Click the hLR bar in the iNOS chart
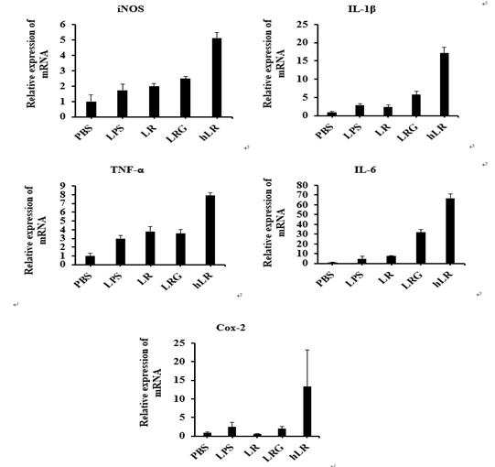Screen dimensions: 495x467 pos(217,78)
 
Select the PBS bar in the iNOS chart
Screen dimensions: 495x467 pos(91,109)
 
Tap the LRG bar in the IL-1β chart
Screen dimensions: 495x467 pos(416,105)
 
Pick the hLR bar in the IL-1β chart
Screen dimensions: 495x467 pos(444,84)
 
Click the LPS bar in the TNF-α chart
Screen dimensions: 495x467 pos(120,252)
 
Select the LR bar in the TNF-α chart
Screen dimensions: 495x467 pos(150,248)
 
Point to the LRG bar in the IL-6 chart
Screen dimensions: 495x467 pos(421,248)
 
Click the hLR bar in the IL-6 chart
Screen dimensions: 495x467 pos(450,231)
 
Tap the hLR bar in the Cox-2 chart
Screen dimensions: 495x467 pos(307,411)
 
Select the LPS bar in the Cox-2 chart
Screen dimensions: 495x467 pos(232,431)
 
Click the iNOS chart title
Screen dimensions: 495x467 pos(131,9)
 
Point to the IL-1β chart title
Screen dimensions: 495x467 pos(361,9)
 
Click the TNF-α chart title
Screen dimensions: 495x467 pos(127,170)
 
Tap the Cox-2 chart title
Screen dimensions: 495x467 pos(231,328)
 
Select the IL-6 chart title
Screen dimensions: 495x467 pos(365,170)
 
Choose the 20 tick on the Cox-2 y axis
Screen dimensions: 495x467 pos(180,361)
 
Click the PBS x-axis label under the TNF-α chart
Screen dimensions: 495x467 pos(82,280)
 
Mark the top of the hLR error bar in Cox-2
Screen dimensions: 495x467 pos(307,350)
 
